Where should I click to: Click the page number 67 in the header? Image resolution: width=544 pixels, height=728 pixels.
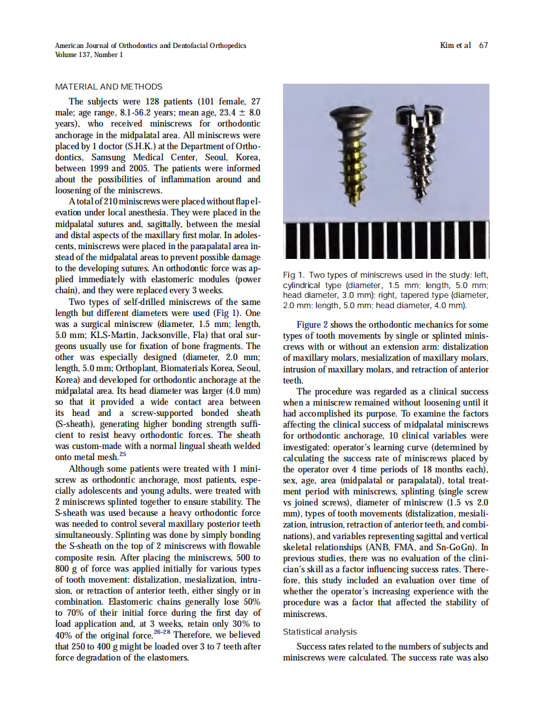(x=484, y=45)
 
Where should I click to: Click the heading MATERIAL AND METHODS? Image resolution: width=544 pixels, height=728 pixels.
(x=108, y=86)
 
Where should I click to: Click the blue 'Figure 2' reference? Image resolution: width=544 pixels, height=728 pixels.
(x=317, y=324)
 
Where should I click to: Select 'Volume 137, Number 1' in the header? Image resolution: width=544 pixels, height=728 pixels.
(x=89, y=55)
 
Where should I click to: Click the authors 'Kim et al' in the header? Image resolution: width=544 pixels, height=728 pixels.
(x=455, y=45)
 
